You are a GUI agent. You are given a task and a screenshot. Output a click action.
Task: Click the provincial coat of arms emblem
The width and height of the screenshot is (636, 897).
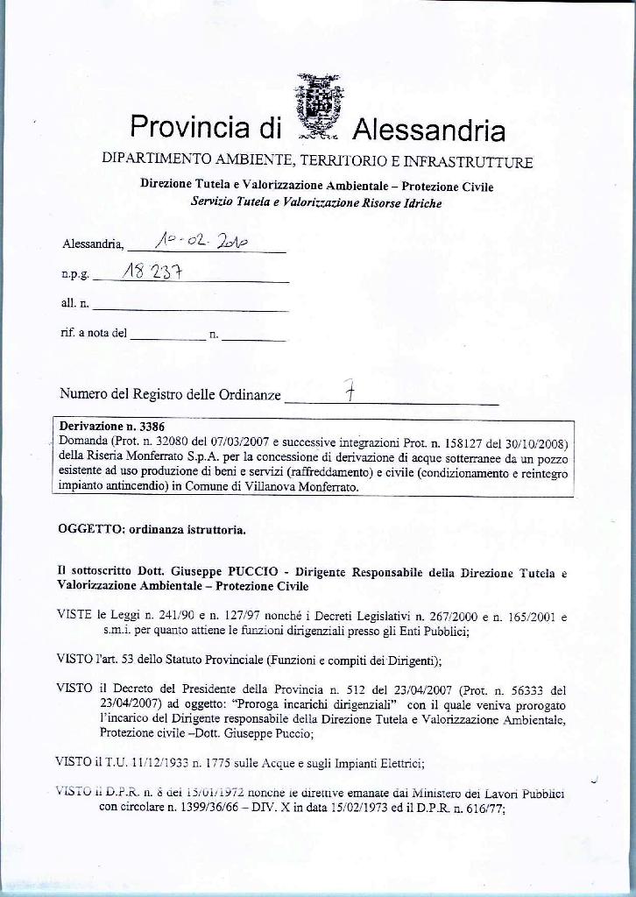[x=317, y=108]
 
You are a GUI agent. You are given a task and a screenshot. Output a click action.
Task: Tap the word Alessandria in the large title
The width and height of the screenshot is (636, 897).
[x=428, y=131]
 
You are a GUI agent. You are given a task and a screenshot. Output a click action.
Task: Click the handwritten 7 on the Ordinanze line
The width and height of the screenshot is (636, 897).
[x=349, y=394]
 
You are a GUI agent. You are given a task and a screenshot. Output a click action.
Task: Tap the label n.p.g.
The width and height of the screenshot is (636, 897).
[x=74, y=275]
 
